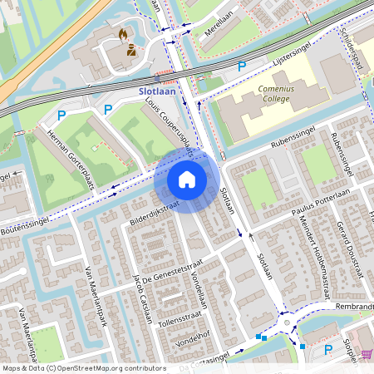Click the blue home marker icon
tap(187, 180)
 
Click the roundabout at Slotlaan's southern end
tap(287, 322)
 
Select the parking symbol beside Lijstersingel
tap(242, 65)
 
